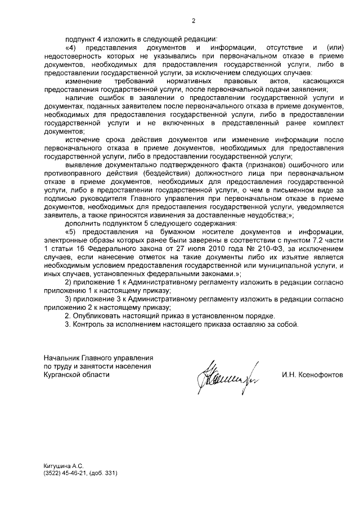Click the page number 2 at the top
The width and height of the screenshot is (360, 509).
point(193,22)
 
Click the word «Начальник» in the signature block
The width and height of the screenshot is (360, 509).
point(61,358)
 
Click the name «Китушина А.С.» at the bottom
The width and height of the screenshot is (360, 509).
point(64,466)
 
